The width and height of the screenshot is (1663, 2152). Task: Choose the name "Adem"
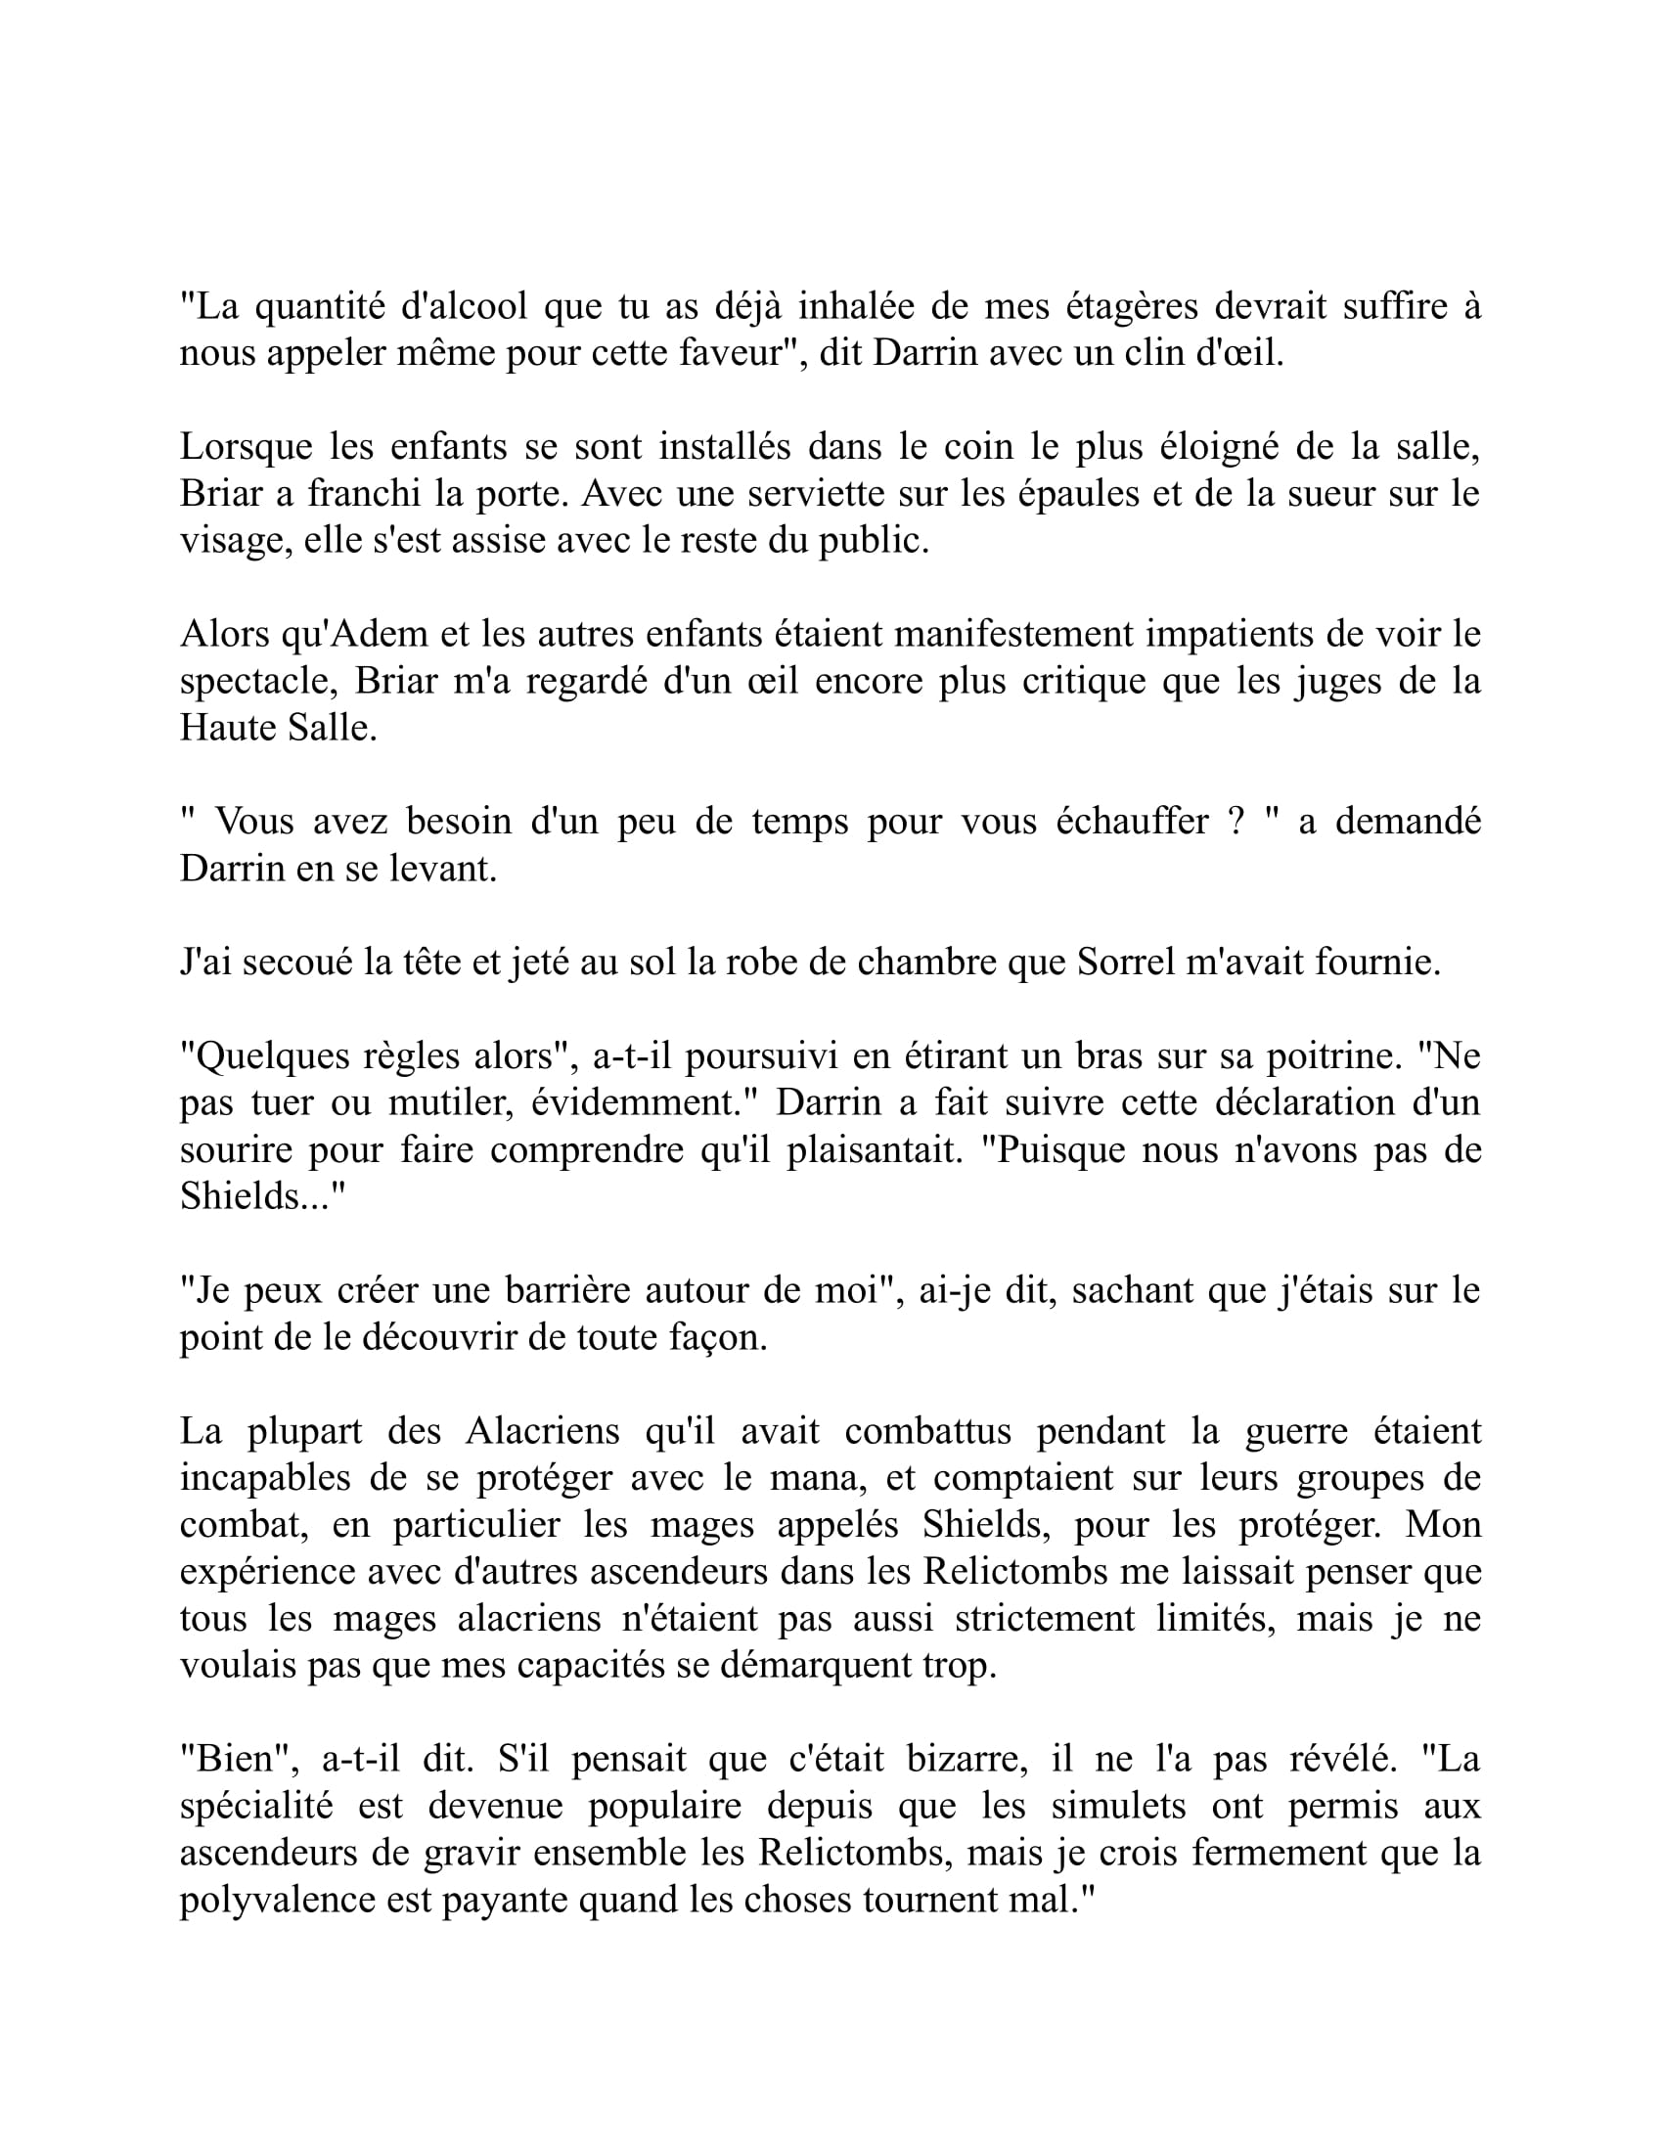click(x=379, y=635)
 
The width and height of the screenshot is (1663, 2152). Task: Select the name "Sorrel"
click(x=1125, y=963)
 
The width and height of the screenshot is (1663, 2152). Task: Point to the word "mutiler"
click(x=449, y=1103)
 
